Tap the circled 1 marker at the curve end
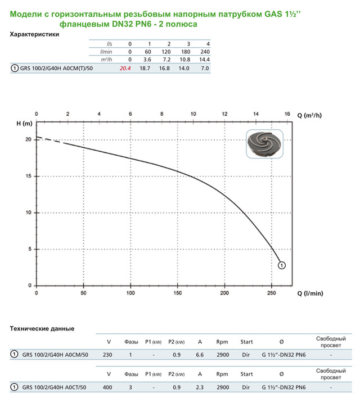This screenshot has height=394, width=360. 282,265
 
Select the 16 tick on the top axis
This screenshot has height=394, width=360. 287,114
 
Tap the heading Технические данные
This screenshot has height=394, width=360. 43,328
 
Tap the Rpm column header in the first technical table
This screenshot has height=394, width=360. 222,342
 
